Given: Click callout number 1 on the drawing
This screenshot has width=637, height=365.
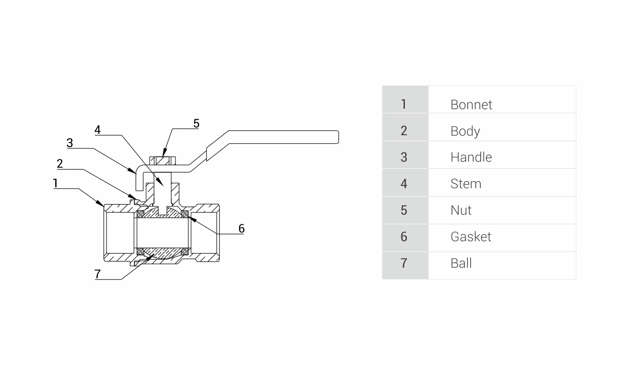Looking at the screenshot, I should [x=55, y=184].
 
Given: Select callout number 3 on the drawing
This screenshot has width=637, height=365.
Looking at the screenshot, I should [x=69, y=143].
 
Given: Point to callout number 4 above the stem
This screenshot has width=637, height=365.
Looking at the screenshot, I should [x=97, y=130].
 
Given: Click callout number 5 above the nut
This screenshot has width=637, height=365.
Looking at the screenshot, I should [x=196, y=123].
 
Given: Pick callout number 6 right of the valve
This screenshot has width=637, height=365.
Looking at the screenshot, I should [x=241, y=228].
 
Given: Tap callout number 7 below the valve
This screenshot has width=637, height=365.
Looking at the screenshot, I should [x=97, y=274].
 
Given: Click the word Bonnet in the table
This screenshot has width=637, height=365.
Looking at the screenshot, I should [x=471, y=105].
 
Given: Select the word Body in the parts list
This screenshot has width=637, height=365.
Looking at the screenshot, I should [x=465, y=131].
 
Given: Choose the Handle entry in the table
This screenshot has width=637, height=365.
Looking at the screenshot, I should [x=471, y=157].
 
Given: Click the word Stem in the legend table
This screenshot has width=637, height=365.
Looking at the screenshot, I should [x=466, y=184].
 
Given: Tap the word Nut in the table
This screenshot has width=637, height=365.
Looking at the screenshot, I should [x=461, y=210].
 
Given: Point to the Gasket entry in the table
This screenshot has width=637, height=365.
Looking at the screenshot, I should [x=471, y=237].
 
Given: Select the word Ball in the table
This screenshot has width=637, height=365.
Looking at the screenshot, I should [x=461, y=263].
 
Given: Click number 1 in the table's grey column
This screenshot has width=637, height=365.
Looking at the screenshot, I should [x=403, y=105].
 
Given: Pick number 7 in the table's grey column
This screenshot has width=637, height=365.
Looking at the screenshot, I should [x=403, y=263].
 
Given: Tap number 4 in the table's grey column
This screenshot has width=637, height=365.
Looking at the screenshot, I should [x=403, y=184].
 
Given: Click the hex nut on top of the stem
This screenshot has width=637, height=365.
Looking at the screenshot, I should [x=163, y=161].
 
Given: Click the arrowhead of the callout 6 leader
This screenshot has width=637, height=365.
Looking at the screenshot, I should [x=189, y=216].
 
